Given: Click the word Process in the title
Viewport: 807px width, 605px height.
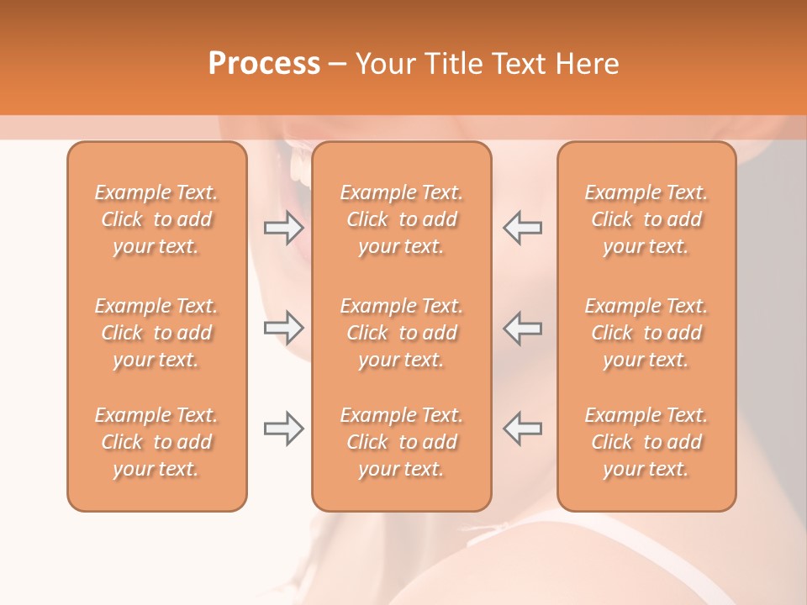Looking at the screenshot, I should tap(264, 64).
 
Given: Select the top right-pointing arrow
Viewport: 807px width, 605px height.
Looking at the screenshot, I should tap(284, 227).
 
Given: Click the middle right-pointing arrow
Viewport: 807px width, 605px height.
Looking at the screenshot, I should tap(284, 327).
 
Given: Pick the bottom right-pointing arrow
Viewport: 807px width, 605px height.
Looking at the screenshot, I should tap(284, 429).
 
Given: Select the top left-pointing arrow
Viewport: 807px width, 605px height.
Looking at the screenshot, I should tap(522, 227).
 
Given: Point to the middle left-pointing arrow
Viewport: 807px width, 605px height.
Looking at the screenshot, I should tap(522, 327).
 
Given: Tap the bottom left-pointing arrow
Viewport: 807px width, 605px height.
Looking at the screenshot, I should tap(522, 429).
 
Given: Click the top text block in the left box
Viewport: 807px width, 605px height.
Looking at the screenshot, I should tap(156, 219).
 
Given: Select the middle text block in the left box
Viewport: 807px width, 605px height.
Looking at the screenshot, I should tap(156, 333).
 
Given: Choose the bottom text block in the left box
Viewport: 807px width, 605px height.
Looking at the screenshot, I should tap(156, 442).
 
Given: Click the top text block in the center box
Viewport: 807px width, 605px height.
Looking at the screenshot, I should tap(402, 219).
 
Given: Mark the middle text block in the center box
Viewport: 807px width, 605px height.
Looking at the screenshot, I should tap(402, 333).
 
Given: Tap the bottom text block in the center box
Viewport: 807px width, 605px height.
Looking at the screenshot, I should tap(402, 442).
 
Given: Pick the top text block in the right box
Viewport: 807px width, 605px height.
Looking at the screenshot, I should tap(646, 219).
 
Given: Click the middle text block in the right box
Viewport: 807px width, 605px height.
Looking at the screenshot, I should tap(646, 333).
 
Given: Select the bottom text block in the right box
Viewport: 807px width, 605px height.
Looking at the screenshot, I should tap(646, 442).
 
